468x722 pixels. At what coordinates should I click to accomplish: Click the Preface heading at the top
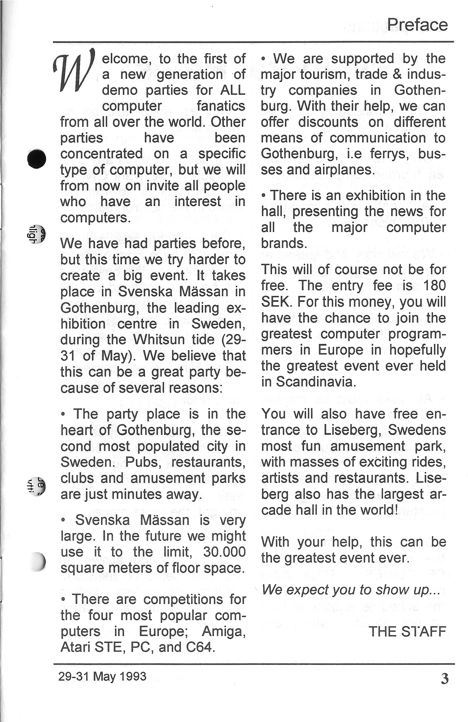click(x=417, y=25)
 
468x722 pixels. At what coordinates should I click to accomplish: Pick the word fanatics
click(x=221, y=106)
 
